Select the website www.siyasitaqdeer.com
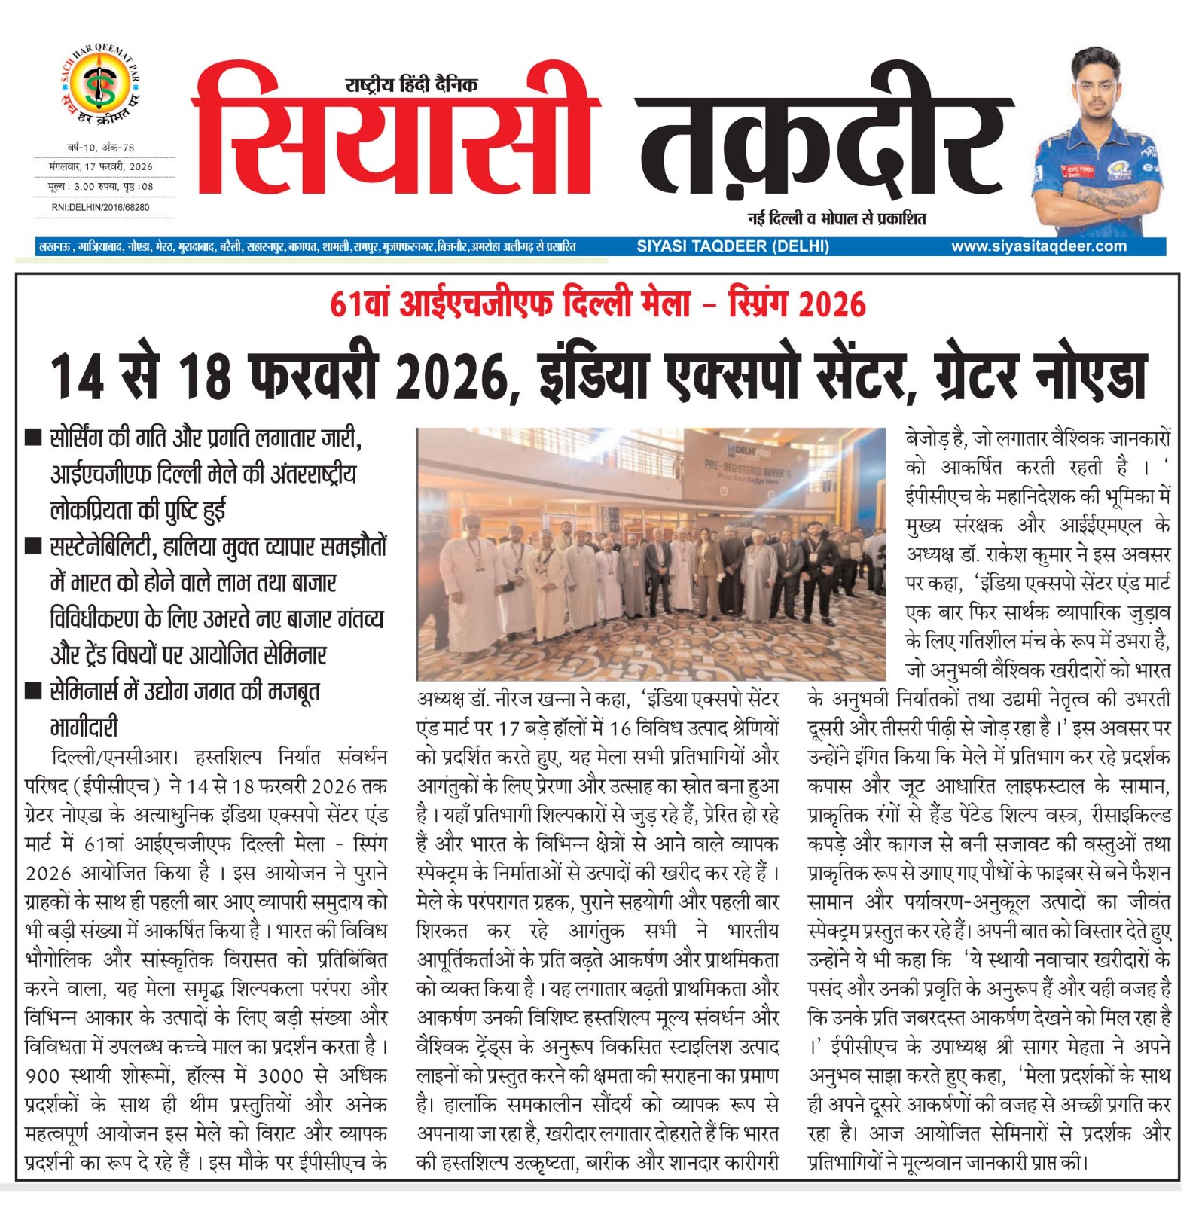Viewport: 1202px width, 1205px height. point(1039,246)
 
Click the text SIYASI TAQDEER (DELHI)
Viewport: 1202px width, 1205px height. point(732,246)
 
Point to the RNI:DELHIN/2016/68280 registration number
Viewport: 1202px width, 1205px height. point(100,207)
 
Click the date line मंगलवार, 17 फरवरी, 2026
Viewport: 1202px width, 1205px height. point(100,166)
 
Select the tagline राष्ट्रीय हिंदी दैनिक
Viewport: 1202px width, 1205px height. point(411,84)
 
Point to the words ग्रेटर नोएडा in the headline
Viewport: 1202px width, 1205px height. point(1040,377)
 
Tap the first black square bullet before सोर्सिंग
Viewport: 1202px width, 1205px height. point(33,438)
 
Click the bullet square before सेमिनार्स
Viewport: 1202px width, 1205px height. point(33,691)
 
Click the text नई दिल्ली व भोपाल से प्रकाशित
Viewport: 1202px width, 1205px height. point(836,219)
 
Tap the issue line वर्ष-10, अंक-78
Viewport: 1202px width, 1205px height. point(100,148)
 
